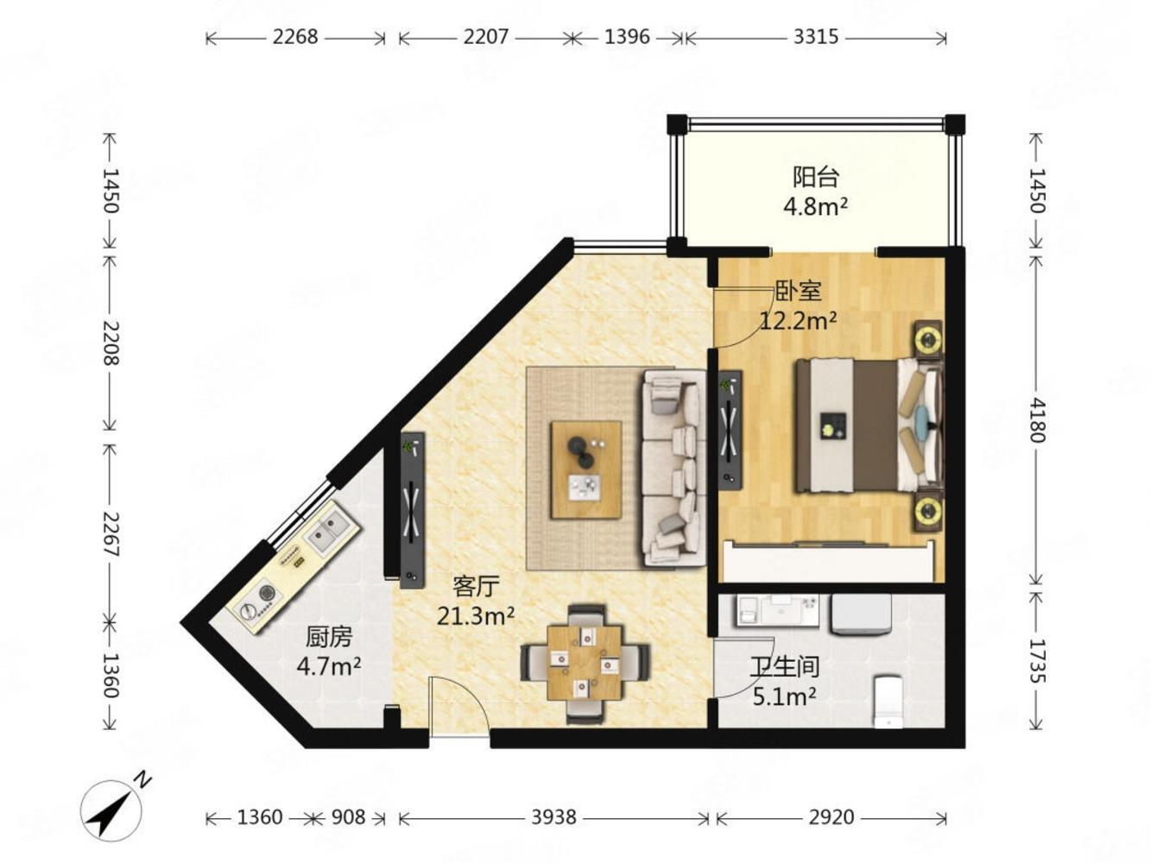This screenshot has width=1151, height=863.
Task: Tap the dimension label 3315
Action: (x=815, y=37)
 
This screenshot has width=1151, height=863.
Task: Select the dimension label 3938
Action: (x=553, y=817)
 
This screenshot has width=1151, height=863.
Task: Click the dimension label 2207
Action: (x=485, y=37)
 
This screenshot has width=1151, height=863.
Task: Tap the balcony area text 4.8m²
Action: (x=815, y=206)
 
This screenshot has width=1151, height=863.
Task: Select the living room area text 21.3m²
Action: (x=476, y=615)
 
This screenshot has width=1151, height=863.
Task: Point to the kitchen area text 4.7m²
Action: (x=329, y=666)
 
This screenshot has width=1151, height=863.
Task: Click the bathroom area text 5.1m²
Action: (x=784, y=696)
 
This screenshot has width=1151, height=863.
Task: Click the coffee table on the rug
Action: (x=585, y=469)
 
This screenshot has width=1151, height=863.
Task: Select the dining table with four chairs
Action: (x=585, y=663)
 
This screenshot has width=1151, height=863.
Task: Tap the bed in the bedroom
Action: (x=869, y=425)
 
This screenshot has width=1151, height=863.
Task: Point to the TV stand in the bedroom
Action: (x=730, y=430)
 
